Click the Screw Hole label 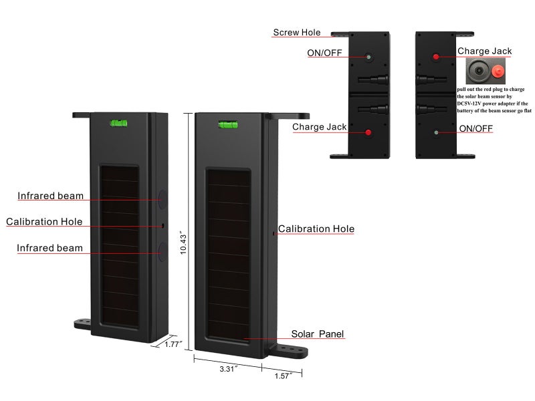pyautogui.click(x=297, y=32)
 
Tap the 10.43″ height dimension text pyautogui.click(x=183, y=244)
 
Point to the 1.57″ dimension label pyautogui.click(x=284, y=376)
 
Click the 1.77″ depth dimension pyautogui.click(x=174, y=344)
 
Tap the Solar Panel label pyautogui.click(x=317, y=333)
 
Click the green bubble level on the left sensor pyautogui.click(x=119, y=123)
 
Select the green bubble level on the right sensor pyautogui.click(x=228, y=125)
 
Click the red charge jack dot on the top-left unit pyautogui.click(x=368, y=132)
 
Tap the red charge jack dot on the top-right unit pyautogui.click(x=436, y=57)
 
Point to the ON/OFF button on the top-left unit pyautogui.click(x=368, y=57)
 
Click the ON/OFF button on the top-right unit pyautogui.click(x=436, y=132)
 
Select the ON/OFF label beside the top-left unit pyautogui.click(x=324, y=53)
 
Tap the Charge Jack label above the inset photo pyautogui.click(x=484, y=51)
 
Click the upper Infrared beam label pyautogui.click(x=51, y=196)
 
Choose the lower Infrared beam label pyautogui.click(x=49, y=248)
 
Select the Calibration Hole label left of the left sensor pyautogui.click(x=44, y=222)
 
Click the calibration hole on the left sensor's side pyautogui.click(x=163, y=226)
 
